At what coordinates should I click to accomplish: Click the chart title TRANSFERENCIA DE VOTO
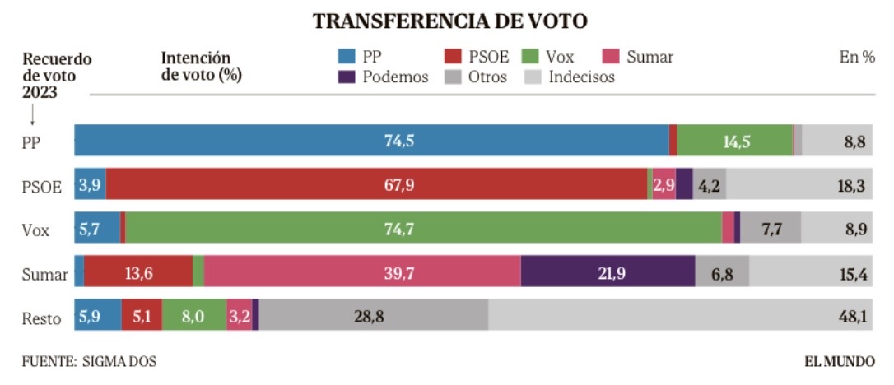click(x=450, y=22)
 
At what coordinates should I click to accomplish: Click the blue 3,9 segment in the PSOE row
click(x=89, y=184)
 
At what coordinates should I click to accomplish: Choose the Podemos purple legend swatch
click(x=347, y=77)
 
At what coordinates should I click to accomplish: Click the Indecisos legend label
click(x=581, y=77)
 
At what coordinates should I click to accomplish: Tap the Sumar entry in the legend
click(x=649, y=57)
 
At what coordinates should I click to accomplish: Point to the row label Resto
click(x=41, y=318)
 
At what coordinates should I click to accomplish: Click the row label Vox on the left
click(x=35, y=230)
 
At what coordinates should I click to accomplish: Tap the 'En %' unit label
click(x=856, y=57)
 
